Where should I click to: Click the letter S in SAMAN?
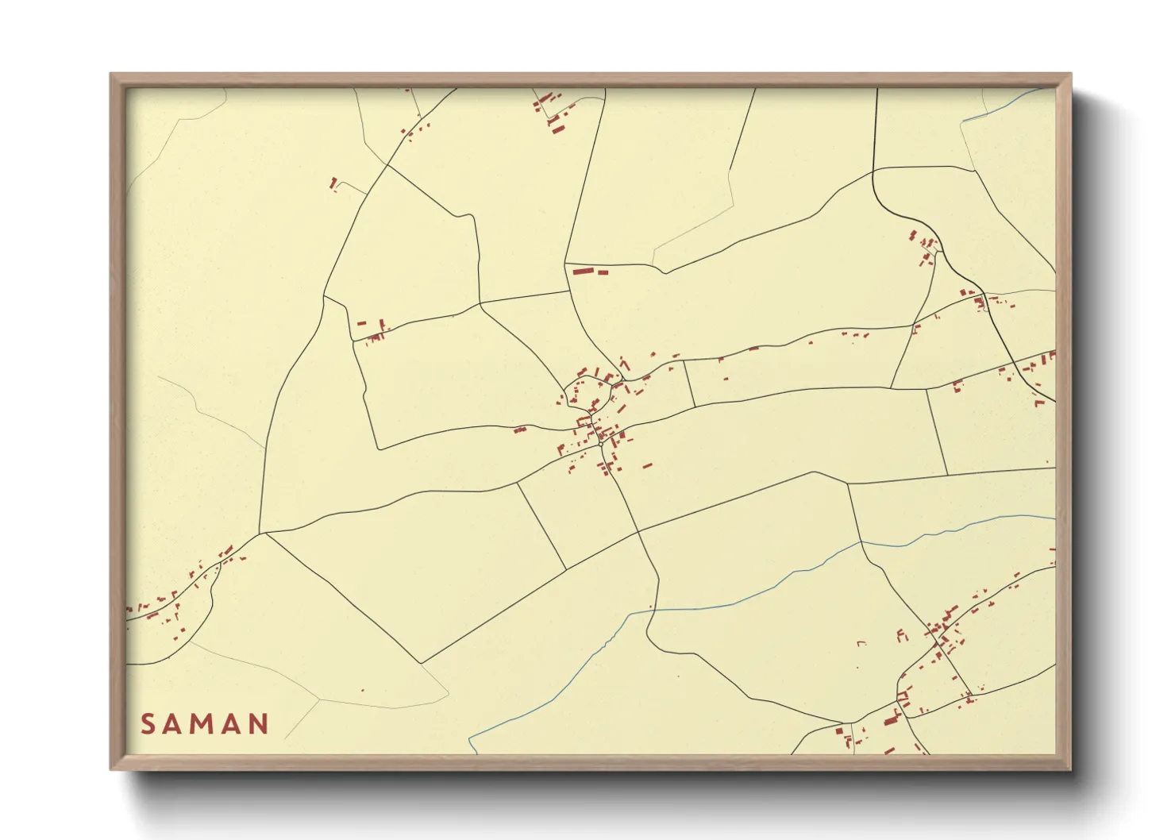coord(148,724)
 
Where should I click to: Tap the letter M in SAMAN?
coord(203,724)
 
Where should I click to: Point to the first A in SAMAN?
coord(175,724)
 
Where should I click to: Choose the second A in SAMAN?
coord(231,724)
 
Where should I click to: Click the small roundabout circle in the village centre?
coord(616,389)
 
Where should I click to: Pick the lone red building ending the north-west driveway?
coord(333,183)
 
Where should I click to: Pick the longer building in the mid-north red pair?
coord(584,272)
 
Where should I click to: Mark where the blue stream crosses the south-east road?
coord(861,543)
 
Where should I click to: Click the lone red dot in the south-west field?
coord(362,690)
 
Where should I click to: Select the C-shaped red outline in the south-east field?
coord(900,635)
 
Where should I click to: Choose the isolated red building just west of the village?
coord(520,430)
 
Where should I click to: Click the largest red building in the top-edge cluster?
coord(558,127)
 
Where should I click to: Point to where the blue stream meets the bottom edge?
coord(470,753)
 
